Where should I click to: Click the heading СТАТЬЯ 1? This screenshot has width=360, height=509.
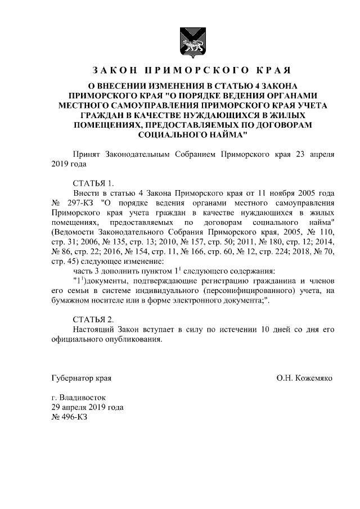pos(93,182)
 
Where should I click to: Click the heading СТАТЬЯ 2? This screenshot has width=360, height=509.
pos(93,319)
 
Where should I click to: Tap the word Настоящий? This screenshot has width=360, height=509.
pos(94,329)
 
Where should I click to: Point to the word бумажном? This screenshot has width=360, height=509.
pos(70,300)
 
